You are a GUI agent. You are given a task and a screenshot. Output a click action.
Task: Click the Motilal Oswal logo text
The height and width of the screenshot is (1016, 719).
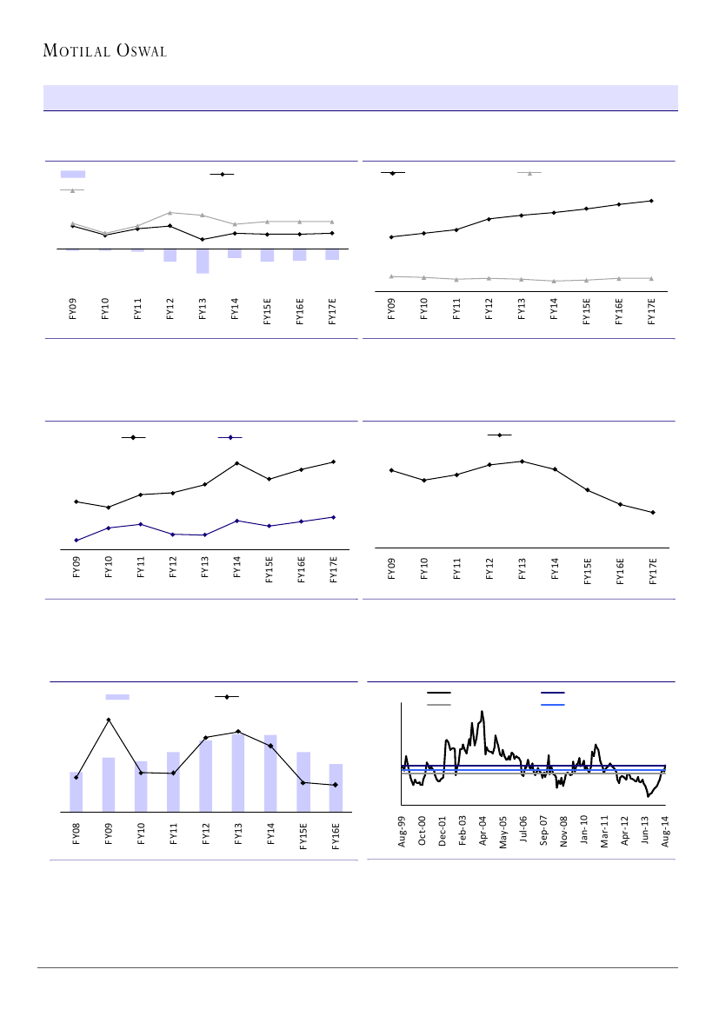[x=105, y=51]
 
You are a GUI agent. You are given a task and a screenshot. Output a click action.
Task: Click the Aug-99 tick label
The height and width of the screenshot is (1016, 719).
[x=403, y=832]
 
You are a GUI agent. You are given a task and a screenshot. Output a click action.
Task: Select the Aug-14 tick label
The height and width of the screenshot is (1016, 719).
[x=666, y=832]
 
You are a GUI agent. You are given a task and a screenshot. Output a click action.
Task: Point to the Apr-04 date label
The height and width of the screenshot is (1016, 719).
[x=483, y=832]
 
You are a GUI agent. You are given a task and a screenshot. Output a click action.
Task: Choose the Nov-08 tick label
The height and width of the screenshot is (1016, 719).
[x=564, y=832]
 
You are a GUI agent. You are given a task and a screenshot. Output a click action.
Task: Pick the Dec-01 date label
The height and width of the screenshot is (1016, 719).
[x=443, y=832]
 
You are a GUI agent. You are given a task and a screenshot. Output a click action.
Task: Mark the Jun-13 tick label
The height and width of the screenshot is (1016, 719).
[x=645, y=832]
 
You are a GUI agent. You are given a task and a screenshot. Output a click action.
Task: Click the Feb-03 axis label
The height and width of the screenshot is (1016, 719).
[x=463, y=832]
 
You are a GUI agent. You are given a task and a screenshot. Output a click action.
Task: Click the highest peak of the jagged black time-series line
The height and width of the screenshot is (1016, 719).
[x=482, y=712]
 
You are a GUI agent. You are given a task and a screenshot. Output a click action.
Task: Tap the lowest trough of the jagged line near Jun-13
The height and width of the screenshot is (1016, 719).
[x=649, y=795]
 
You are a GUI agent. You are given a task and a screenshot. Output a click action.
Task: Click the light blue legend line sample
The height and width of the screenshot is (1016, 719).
[x=552, y=704]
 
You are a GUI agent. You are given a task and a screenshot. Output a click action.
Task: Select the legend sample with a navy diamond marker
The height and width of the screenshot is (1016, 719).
[x=230, y=437]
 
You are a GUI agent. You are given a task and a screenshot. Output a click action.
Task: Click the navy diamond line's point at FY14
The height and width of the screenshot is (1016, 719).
[x=237, y=521]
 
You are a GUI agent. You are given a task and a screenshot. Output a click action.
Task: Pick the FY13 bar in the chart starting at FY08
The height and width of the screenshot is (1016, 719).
[x=238, y=773]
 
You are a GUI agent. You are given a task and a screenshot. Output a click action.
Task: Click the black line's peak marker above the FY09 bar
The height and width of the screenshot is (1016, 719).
[x=109, y=720]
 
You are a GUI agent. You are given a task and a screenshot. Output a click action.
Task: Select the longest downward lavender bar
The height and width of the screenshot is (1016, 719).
[x=203, y=261]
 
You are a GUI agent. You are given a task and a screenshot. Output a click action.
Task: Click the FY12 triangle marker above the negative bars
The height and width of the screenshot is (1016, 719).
[x=170, y=212]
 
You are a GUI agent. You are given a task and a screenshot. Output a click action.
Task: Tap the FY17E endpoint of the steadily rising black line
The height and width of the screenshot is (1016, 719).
[x=651, y=201]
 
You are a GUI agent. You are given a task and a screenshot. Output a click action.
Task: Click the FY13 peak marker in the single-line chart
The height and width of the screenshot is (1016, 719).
[x=522, y=462]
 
